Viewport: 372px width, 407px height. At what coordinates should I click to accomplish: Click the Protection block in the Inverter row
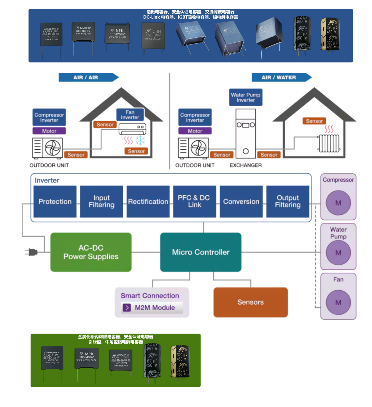(x=55, y=201)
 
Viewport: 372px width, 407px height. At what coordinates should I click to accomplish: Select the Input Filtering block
(x=101, y=201)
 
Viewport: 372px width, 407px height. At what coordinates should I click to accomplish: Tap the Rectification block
(x=148, y=201)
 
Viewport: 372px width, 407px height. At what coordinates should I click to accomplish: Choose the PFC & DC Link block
(x=195, y=201)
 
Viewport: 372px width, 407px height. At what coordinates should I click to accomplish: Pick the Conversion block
(x=241, y=201)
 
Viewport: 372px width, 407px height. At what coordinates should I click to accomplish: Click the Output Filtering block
(x=288, y=201)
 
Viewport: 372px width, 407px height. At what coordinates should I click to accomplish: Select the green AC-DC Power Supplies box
(x=91, y=252)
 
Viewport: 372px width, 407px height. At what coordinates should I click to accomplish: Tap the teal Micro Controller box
(x=201, y=252)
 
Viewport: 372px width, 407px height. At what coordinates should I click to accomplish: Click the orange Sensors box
(x=250, y=302)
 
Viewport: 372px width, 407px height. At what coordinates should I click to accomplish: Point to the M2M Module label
(x=155, y=308)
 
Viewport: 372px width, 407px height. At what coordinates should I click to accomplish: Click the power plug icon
(x=32, y=252)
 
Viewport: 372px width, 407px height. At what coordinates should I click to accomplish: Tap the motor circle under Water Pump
(x=338, y=253)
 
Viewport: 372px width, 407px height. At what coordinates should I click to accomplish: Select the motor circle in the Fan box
(x=338, y=302)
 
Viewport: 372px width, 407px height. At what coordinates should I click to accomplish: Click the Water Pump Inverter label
(x=246, y=97)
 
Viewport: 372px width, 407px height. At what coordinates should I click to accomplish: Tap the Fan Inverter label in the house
(x=130, y=115)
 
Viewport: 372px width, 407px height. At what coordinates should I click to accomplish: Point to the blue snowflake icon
(x=140, y=140)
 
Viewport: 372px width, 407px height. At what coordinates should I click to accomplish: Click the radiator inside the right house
(x=329, y=143)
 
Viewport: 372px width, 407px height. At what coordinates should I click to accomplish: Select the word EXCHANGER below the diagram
(x=246, y=165)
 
